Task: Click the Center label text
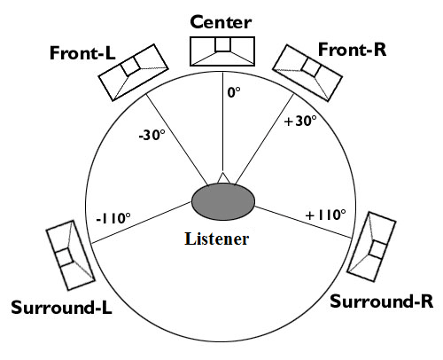(x=221, y=22)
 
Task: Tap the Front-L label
(x=82, y=53)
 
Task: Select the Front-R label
(x=352, y=50)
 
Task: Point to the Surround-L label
(x=61, y=307)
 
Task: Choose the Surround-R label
(x=381, y=301)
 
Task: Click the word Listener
(x=217, y=239)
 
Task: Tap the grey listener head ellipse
(x=223, y=202)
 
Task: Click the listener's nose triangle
(x=223, y=178)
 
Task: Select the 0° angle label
(x=234, y=92)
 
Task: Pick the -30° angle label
(x=152, y=135)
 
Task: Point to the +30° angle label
(x=300, y=121)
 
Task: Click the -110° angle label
(x=113, y=218)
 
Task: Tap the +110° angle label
(x=326, y=215)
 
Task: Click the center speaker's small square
(x=222, y=44)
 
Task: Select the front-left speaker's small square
(x=130, y=67)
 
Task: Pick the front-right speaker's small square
(x=311, y=67)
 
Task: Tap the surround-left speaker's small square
(x=65, y=257)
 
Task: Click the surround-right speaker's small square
(x=378, y=250)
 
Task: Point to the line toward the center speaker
(x=223, y=121)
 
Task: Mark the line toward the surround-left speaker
(x=142, y=223)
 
